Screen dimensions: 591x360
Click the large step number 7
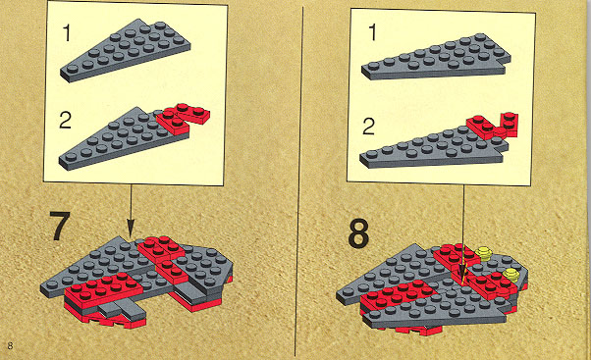pyautogui.click(x=60, y=226)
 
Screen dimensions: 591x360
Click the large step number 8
pyautogui.click(x=358, y=234)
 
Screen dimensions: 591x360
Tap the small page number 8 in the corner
pyautogui.click(x=10, y=345)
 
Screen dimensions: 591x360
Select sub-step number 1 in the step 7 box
pyautogui.click(x=67, y=32)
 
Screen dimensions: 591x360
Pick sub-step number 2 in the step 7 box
pyautogui.click(x=65, y=121)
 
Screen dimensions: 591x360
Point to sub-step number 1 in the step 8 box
pyautogui.click(x=372, y=32)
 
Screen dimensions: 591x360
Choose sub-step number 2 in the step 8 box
pyautogui.click(x=368, y=127)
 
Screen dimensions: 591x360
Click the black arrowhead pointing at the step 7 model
pyautogui.click(x=131, y=229)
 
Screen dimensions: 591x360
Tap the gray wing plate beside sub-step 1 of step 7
pyautogui.click(x=126, y=50)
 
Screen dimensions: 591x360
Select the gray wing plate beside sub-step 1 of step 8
pyautogui.click(x=436, y=57)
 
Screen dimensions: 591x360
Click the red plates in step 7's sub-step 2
pyautogui.click(x=183, y=118)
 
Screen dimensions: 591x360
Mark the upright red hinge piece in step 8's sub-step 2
pyautogui.click(x=510, y=125)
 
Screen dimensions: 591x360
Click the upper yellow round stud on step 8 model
pyautogui.click(x=485, y=253)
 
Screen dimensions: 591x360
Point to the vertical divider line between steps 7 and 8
pyautogui.click(x=298, y=180)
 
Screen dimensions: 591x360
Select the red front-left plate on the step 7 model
pyautogui.click(x=104, y=288)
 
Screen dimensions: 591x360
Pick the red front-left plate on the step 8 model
pyautogui.click(x=398, y=292)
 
